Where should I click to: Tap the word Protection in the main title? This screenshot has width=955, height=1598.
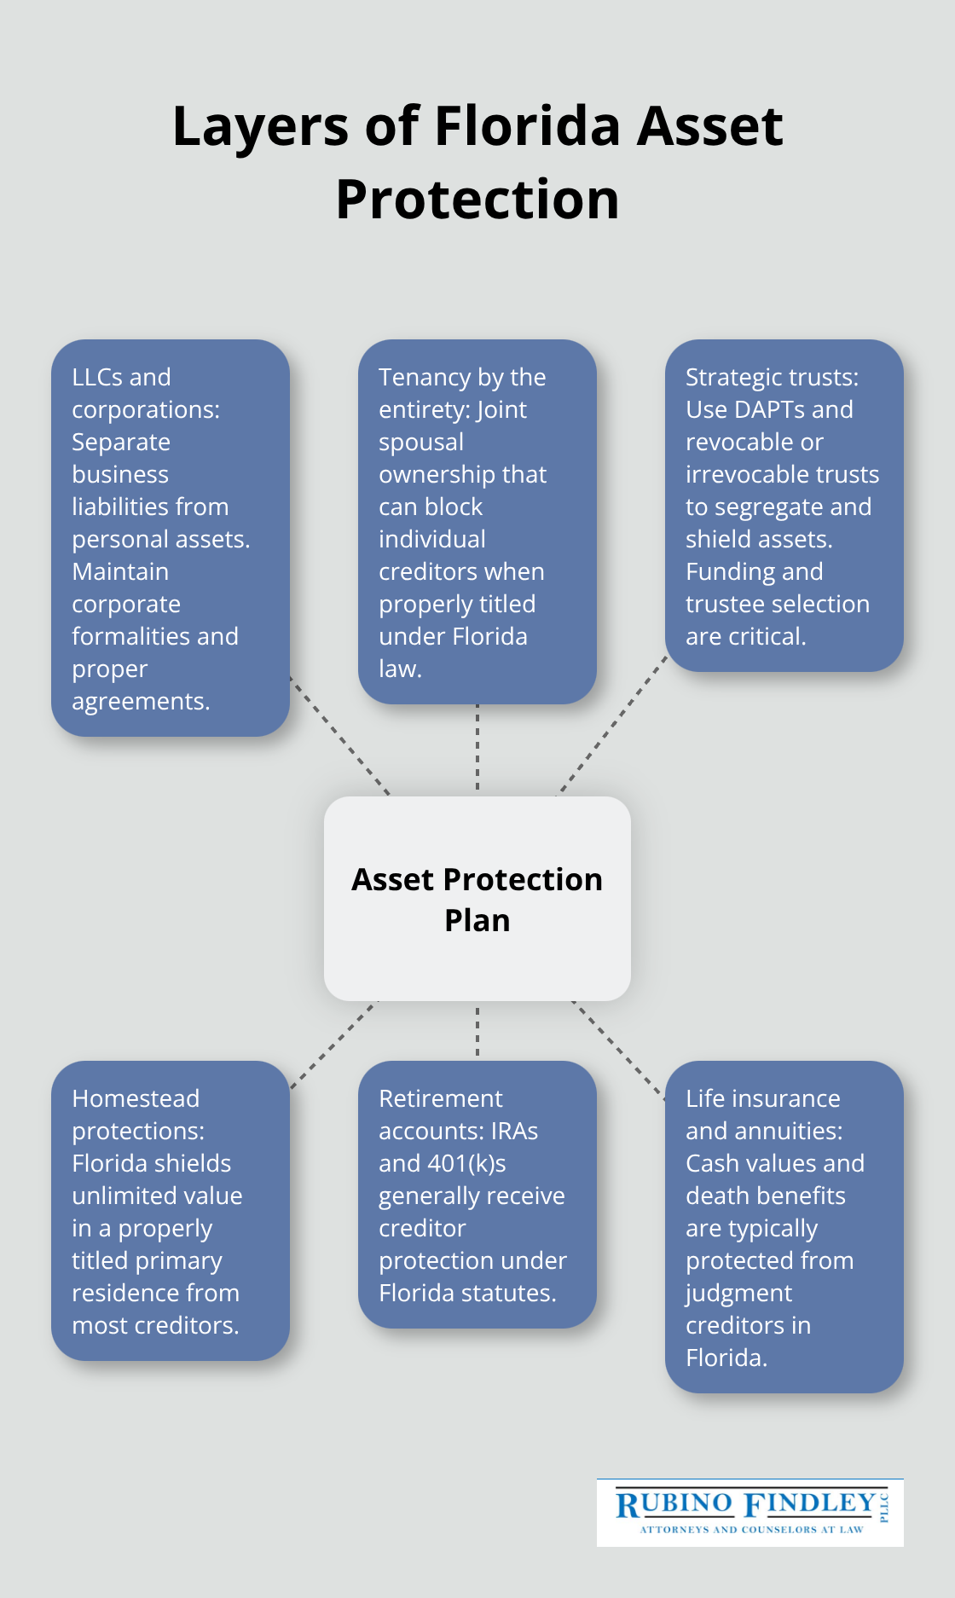point(477,200)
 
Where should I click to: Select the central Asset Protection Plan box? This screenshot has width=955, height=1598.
point(477,899)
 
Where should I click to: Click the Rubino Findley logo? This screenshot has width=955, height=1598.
point(750,1513)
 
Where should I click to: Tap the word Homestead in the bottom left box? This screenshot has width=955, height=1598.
point(136,1098)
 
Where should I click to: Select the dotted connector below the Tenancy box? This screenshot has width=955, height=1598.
point(477,749)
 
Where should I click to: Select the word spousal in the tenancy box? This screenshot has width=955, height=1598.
point(421,442)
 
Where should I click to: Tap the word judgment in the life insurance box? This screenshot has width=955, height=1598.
point(738,1293)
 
